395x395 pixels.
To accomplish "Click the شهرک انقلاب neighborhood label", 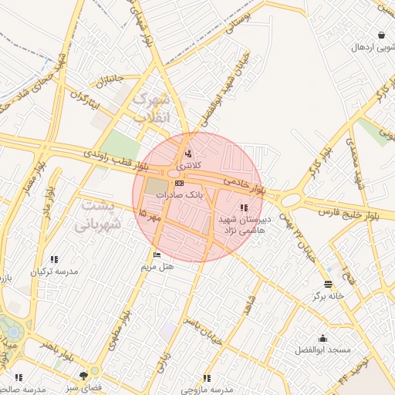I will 150,108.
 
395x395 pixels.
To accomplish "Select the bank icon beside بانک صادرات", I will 179,184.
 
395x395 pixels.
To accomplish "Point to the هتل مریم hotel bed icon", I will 158,255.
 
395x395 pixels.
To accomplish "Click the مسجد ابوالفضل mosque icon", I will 322,338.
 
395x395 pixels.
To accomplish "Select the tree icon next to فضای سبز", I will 83,376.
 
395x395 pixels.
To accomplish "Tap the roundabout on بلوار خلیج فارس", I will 290,200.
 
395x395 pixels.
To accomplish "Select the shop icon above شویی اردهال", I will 382,35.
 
